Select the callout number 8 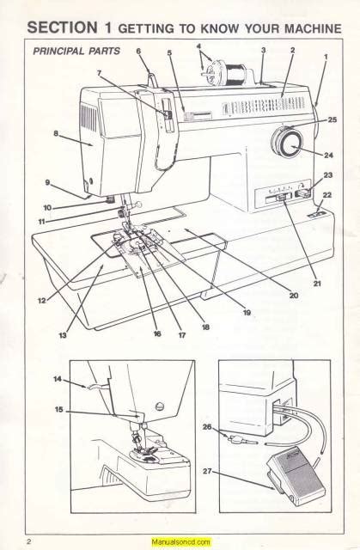56,133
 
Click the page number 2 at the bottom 28,541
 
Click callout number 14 57,379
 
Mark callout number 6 138,52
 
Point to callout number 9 47,182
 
